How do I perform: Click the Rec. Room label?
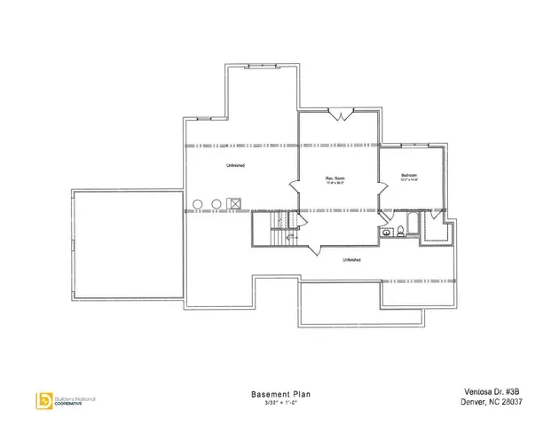pos(335,178)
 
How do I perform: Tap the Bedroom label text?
pos(409,175)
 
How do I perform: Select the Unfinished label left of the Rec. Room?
pos(235,166)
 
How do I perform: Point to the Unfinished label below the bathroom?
pos(351,259)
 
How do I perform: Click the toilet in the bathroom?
pos(401,231)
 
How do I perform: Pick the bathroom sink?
pos(387,232)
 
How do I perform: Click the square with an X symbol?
pos(235,204)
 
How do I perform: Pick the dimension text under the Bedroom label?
pos(409,181)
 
